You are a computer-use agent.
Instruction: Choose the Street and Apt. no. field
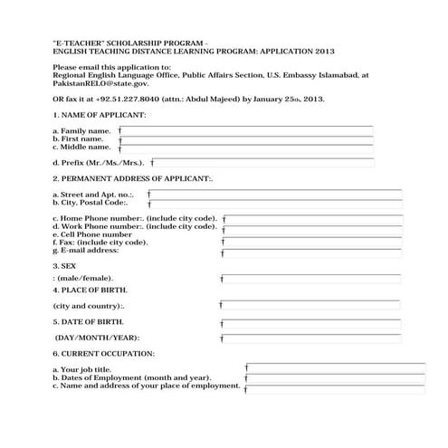(276, 195)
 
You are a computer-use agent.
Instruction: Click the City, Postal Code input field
(276, 205)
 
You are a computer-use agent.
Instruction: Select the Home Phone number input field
(312, 219)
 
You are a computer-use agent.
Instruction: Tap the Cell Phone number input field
(312, 234)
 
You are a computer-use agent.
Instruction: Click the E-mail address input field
(312, 251)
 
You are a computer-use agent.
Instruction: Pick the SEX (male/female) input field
(312, 278)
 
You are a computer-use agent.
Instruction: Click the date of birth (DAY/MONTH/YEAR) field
(312, 337)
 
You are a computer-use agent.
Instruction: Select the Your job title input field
(335, 368)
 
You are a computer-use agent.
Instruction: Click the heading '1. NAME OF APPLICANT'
(100, 116)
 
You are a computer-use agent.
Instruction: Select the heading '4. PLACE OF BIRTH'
(91, 290)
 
